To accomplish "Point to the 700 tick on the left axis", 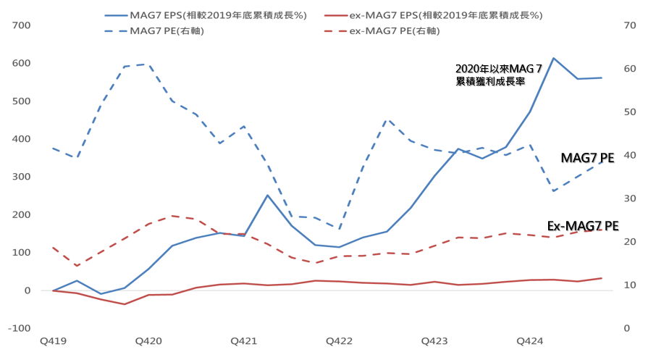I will click(21, 25).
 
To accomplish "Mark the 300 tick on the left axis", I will click(21, 177).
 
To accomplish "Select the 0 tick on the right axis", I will click(626, 328).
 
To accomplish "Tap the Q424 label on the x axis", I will click(529, 340).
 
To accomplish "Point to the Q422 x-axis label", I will click(339, 340).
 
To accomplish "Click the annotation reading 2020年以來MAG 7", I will click(498, 69).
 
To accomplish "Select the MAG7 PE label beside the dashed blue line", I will click(587, 158).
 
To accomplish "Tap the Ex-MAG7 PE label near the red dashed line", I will click(582, 227).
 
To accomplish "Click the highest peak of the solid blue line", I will click(553, 58).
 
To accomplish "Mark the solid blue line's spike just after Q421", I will click(267, 195).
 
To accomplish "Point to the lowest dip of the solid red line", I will click(125, 304).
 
